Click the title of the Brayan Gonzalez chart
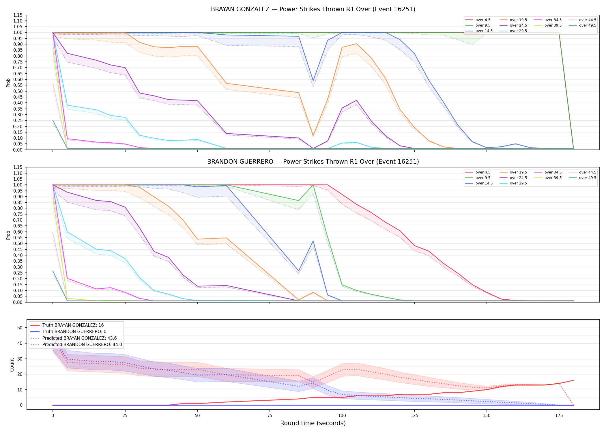pyautogui.click(x=313, y=9)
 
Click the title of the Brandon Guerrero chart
pyautogui.click(x=313, y=162)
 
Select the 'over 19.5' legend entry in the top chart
pyautogui.click(x=513, y=20)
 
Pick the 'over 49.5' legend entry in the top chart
pyautogui.click(x=583, y=25)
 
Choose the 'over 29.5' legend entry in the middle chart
pyautogui.click(x=513, y=183)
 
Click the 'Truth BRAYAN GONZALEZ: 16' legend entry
pyautogui.click(x=67, y=325)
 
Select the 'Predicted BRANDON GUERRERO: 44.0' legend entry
pyautogui.click(x=76, y=345)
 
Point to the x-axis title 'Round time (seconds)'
pyautogui.click(x=313, y=423)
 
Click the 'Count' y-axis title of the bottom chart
pyautogui.click(x=12, y=365)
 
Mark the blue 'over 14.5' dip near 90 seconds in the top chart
pyautogui.click(x=313, y=81)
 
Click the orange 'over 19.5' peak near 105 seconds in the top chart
pyautogui.click(x=356, y=44)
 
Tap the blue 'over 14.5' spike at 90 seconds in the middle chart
pyautogui.click(x=313, y=241)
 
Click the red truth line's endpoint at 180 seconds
pyautogui.click(x=573, y=380)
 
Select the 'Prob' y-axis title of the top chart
pyautogui.click(x=8, y=83)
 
